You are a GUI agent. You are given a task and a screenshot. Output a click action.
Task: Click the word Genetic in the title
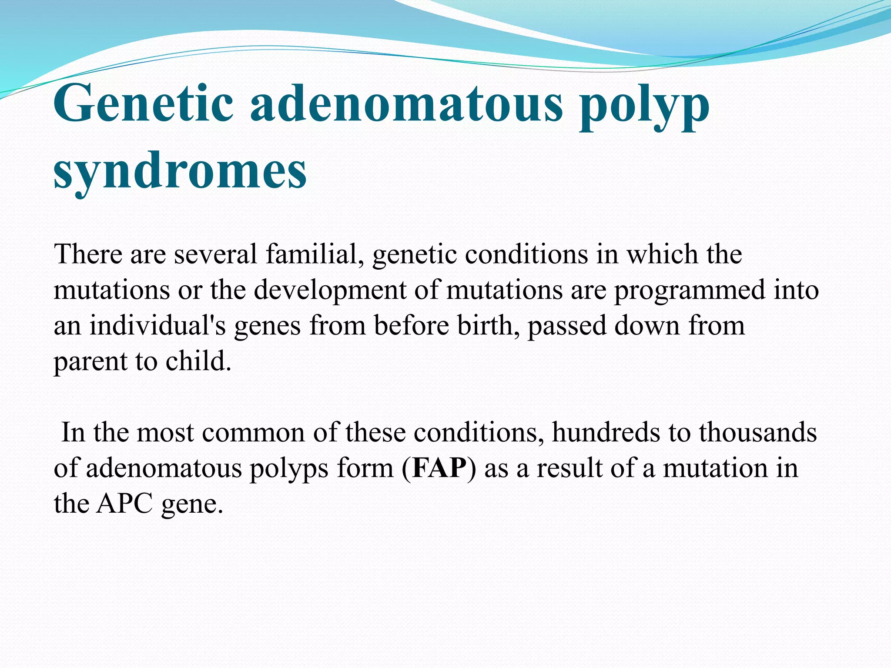point(144,104)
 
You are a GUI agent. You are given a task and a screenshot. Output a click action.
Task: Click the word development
point(330,291)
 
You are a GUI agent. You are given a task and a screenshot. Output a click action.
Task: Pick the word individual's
point(157,325)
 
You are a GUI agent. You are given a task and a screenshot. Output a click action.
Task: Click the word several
point(215,254)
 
